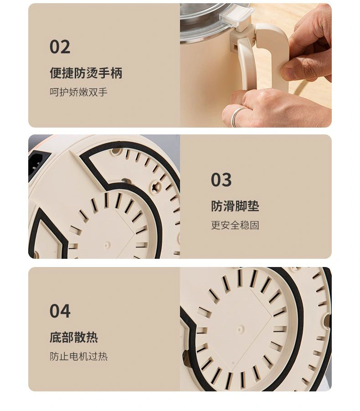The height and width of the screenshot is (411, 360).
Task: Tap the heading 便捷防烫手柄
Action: (x=86, y=72)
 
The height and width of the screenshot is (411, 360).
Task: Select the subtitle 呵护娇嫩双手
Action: (x=78, y=92)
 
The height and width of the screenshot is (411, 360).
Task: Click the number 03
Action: (x=221, y=180)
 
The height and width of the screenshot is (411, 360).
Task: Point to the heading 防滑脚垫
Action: (x=235, y=206)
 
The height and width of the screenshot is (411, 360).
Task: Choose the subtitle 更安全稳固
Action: (x=235, y=225)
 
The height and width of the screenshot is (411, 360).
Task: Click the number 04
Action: (x=60, y=311)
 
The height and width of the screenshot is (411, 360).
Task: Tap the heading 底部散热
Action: (x=74, y=337)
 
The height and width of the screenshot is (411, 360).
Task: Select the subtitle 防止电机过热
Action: (x=78, y=356)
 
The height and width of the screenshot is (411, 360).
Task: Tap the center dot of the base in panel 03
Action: (x=106, y=246)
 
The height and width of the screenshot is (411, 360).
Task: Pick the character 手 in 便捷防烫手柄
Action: (x=104, y=72)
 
